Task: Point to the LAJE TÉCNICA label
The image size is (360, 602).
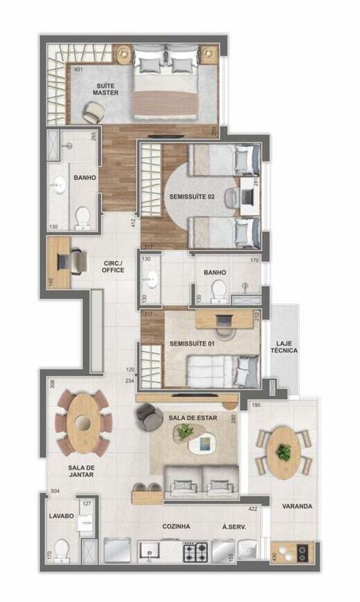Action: pos(284,346)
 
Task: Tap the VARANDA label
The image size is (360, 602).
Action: pos(297,506)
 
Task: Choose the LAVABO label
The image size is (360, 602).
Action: pos(61,516)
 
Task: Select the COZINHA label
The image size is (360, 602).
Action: pos(176,526)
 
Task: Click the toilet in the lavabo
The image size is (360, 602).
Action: pos(61,550)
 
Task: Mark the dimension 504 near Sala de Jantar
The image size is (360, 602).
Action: pos(55,491)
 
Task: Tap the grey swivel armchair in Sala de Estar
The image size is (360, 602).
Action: pos(145,414)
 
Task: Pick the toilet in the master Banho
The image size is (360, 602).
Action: pos(82,217)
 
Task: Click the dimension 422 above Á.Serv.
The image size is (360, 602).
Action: pos(253,509)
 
